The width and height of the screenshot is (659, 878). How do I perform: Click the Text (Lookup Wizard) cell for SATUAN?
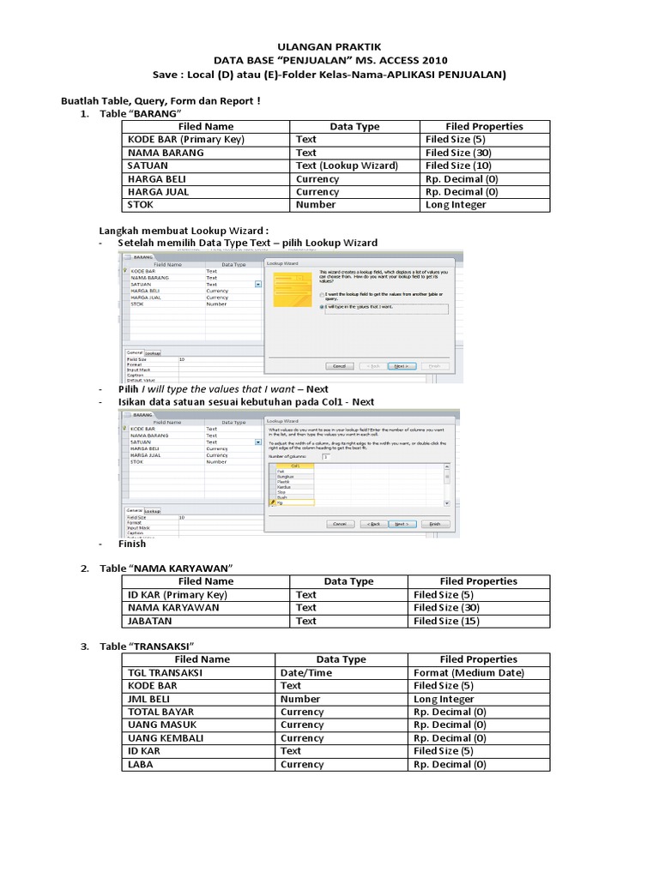pyautogui.click(x=346, y=165)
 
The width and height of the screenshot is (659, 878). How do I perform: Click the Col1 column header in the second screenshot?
pyautogui.click(x=294, y=465)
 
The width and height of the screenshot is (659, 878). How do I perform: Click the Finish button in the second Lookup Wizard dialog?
pyautogui.click(x=434, y=523)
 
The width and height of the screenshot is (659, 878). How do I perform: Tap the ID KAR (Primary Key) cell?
pyautogui.click(x=178, y=594)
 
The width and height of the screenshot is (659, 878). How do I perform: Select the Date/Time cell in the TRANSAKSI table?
pyautogui.click(x=306, y=673)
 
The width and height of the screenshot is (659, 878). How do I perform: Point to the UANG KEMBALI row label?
pyautogui.click(x=166, y=738)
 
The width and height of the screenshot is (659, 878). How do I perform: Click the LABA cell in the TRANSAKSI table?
pyautogui.click(x=142, y=764)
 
